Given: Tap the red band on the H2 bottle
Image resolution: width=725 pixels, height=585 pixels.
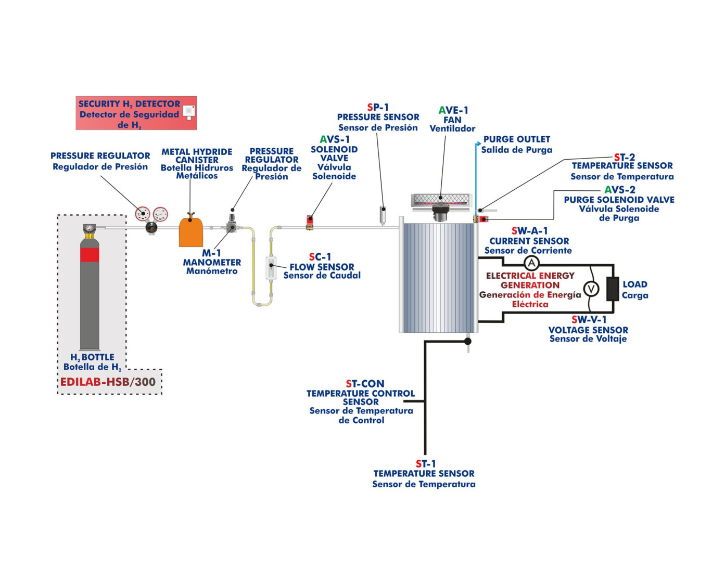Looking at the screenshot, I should tap(90, 255).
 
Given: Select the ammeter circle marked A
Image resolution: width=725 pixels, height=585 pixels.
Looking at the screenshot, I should tap(531, 263).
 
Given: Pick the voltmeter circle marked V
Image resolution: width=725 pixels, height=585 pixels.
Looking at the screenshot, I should tap(591, 289).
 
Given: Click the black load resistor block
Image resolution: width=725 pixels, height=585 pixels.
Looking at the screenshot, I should tap(613, 289).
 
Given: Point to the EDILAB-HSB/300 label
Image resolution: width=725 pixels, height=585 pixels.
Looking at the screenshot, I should tap(108, 382).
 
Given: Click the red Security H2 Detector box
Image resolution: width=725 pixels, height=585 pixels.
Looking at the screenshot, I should tap(136, 113).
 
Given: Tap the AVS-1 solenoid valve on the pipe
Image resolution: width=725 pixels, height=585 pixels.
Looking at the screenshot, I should tap(310, 222).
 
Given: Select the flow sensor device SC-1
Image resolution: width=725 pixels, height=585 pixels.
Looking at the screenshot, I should tap(271, 268).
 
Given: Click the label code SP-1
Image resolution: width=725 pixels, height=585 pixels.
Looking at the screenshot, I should tap(378, 107).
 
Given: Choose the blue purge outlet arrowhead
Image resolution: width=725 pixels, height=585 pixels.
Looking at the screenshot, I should tap(477, 144).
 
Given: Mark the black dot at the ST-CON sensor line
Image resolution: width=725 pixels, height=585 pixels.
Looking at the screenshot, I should tap(467, 341).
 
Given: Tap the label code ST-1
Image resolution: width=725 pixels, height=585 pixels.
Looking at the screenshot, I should tap(425, 463).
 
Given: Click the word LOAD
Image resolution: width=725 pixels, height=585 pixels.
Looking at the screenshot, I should tap(634, 284).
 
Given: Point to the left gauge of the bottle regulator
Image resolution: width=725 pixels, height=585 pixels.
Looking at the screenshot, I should tap(143, 213).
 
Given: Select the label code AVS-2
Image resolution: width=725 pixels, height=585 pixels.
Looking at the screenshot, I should tap(619, 190).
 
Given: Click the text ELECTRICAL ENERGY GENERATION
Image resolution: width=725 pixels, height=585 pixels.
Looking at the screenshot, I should tap(530, 280).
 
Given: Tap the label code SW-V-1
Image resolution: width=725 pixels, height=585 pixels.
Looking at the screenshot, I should tap(589, 320).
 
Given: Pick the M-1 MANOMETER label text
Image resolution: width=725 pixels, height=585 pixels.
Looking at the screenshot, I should tap(212, 258).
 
